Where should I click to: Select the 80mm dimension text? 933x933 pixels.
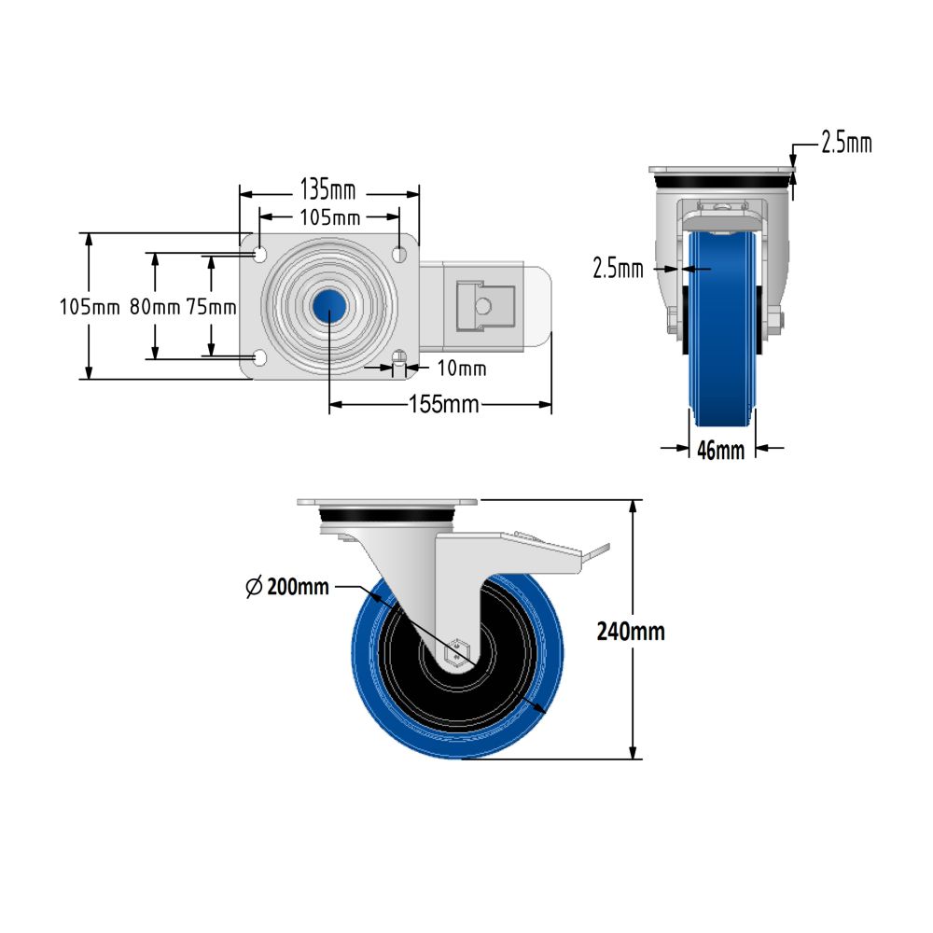click(154, 306)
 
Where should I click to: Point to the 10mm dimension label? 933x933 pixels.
click(462, 369)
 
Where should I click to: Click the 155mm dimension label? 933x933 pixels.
click(443, 405)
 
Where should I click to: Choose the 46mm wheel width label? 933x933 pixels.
click(721, 450)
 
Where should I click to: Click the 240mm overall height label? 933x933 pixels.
click(631, 631)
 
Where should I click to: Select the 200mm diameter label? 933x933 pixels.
click(298, 587)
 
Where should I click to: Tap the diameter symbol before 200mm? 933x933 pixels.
click(253, 587)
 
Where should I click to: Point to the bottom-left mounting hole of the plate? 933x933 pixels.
click(259, 357)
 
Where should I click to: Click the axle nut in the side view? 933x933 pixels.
click(456, 649)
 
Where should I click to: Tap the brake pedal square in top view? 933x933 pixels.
click(484, 305)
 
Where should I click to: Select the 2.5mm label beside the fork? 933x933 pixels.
click(618, 270)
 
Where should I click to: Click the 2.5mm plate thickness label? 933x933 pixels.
click(845, 143)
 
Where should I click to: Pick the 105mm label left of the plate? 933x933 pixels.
click(89, 306)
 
